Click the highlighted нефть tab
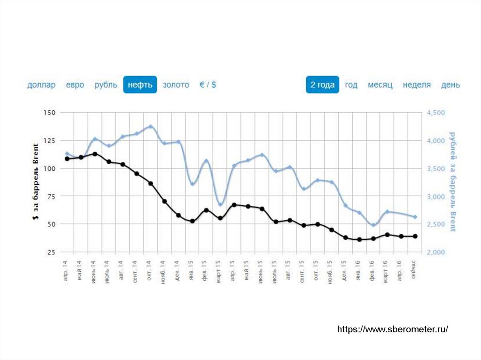pyautogui.click(x=140, y=85)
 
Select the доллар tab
pyautogui.click(x=41, y=85)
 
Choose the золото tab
pyautogui.click(x=176, y=85)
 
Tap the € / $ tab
pyautogui.click(x=208, y=85)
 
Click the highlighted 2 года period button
pyautogui.click(x=322, y=85)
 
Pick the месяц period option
pyautogui.click(x=380, y=85)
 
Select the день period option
pyautogui.click(x=450, y=85)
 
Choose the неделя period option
pyautogui.click(x=417, y=85)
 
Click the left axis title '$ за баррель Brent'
pyautogui.click(x=36, y=183)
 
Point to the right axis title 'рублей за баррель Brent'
pyautogui.click(x=452, y=182)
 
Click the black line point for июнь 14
pyautogui.click(x=95, y=154)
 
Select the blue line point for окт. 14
pyautogui.click(x=151, y=126)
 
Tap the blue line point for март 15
pyautogui.click(x=220, y=204)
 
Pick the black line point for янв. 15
pyautogui.click(x=192, y=221)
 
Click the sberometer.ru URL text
pyautogui.click(x=392, y=329)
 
